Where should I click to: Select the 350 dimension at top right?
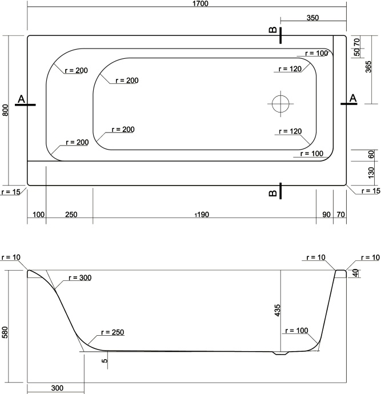tap(312, 18)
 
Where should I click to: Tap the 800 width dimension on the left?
tap(5, 110)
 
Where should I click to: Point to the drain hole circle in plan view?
tap(281, 103)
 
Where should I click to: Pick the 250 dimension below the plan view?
tap(71, 215)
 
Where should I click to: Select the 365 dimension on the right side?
tap(367, 69)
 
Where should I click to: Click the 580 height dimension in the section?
tap(5, 332)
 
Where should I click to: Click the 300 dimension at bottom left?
tap(56, 388)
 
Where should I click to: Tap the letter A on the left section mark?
tap(21, 99)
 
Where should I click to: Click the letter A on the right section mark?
tap(352, 98)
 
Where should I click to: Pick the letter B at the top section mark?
tap(273, 30)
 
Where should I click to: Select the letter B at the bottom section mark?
tap(273, 194)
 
